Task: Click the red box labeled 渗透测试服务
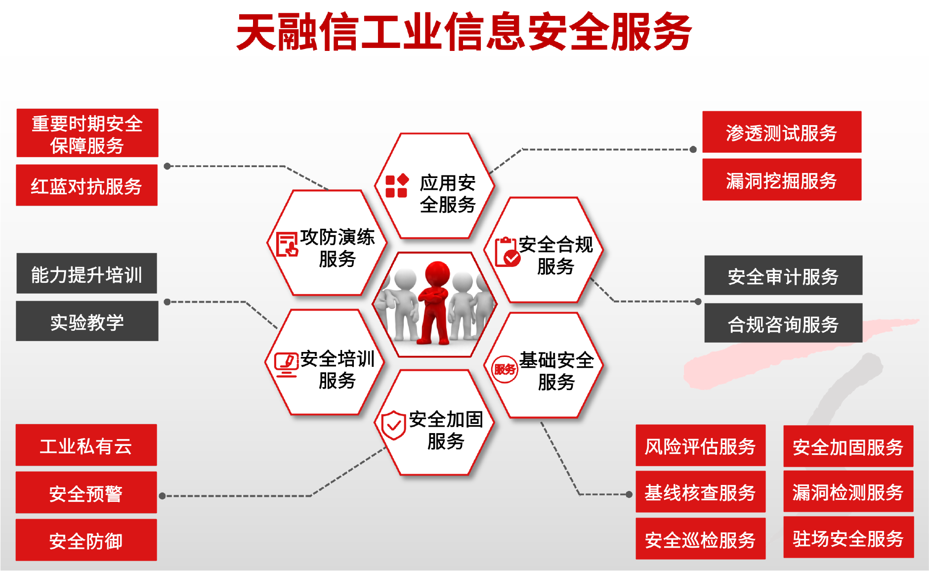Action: (x=782, y=132)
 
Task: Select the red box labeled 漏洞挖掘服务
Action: (x=782, y=179)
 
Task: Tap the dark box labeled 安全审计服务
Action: (x=783, y=275)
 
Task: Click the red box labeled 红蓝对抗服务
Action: (x=87, y=185)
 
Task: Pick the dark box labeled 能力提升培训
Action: (x=87, y=273)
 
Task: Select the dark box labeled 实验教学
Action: (x=87, y=321)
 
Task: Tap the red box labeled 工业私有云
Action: (x=86, y=445)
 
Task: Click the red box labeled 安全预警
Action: (x=86, y=492)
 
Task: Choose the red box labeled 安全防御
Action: (x=86, y=540)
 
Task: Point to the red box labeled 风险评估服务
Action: (x=701, y=445)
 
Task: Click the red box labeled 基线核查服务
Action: (x=701, y=492)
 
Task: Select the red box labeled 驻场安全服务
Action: (x=848, y=537)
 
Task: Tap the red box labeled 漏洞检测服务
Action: (x=848, y=491)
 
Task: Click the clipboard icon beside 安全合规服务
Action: (x=507, y=252)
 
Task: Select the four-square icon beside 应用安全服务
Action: (x=397, y=185)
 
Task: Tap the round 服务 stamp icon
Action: (x=505, y=369)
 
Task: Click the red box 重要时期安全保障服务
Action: (x=87, y=133)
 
